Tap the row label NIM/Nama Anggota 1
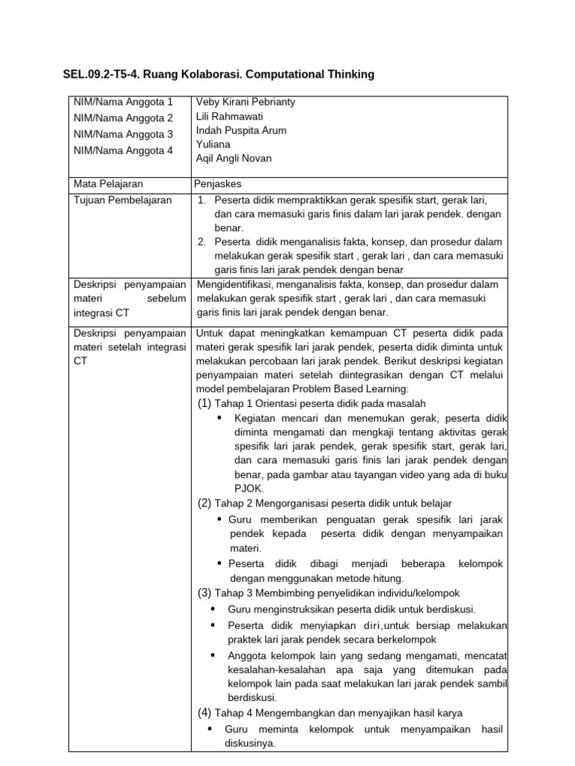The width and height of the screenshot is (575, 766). pyautogui.click(x=123, y=102)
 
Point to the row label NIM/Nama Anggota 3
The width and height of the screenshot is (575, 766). pyautogui.click(x=123, y=134)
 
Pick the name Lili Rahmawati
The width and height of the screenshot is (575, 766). pyautogui.click(x=229, y=116)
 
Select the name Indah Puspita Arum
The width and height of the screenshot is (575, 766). pyautogui.click(x=240, y=130)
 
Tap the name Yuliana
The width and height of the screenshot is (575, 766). pyautogui.click(x=213, y=144)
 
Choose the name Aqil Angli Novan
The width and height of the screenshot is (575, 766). pyautogui.click(x=234, y=158)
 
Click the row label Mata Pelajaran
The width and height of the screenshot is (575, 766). pyautogui.click(x=108, y=183)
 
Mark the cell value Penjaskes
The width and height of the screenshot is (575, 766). pyautogui.click(x=217, y=183)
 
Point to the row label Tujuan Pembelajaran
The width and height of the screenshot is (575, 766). pyautogui.click(x=122, y=200)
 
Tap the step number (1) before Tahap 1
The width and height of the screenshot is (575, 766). pyautogui.click(x=204, y=404)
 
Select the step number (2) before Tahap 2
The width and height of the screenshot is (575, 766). pyautogui.click(x=204, y=503)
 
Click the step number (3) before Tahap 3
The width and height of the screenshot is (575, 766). pyautogui.click(x=204, y=592)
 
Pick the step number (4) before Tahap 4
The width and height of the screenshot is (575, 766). pyautogui.click(x=204, y=713)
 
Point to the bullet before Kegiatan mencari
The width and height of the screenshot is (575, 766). pyautogui.click(x=219, y=417)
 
